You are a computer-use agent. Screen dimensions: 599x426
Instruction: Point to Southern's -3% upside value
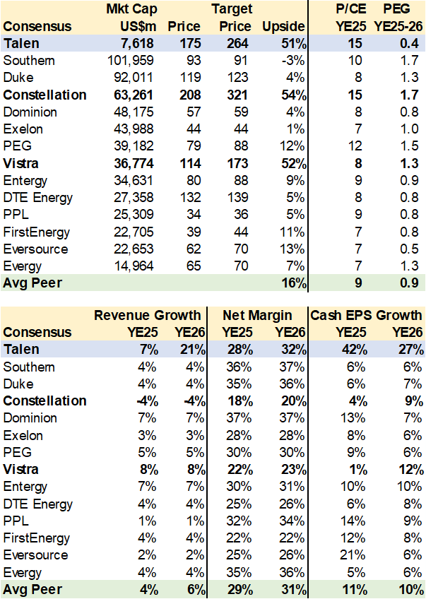pos(292,61)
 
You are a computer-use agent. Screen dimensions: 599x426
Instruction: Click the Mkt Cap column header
pos(131,9)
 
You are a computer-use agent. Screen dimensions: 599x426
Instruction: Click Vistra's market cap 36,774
pos(133,164)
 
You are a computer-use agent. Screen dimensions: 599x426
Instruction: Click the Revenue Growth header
pos(147,315)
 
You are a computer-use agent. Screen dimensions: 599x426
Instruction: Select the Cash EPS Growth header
pos(367,315)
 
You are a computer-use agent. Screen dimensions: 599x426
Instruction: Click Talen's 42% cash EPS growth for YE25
pos(345,350)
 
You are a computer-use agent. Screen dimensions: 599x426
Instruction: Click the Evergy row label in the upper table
pos(23,266)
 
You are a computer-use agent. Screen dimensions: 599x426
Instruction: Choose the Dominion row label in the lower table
pos(30,418)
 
